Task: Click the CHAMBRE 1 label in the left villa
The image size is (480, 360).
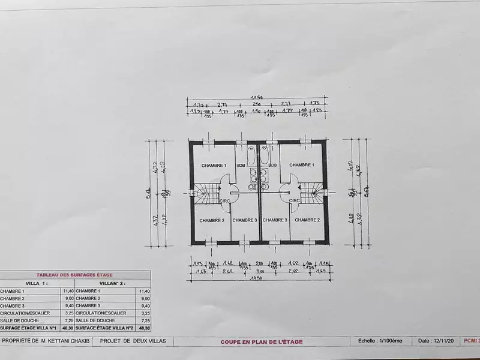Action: tap(214, 165)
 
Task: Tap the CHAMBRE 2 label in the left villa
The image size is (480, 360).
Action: tap(212, 220)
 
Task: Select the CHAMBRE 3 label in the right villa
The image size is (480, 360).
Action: tap(274, 220)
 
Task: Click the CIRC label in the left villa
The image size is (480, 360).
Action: tap(226, 201)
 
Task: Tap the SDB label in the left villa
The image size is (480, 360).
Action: tap(241, 165)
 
